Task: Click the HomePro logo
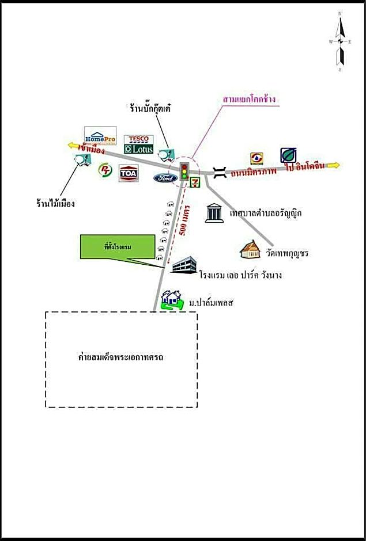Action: click(100, 136)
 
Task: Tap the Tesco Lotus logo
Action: click(138, 144)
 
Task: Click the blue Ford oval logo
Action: click(165, 178)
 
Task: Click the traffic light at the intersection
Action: click(184, 171)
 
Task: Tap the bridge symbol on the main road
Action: click(220, 172)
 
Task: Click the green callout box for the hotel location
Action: click(119, 247)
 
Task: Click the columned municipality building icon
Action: click(213, 212)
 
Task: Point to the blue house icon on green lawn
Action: click(171, 300)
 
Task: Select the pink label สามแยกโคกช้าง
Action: click(250, 99)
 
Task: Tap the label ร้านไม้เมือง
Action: click(55, 203)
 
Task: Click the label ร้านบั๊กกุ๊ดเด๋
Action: click(151, 108)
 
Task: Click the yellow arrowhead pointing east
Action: click(335, 166)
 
